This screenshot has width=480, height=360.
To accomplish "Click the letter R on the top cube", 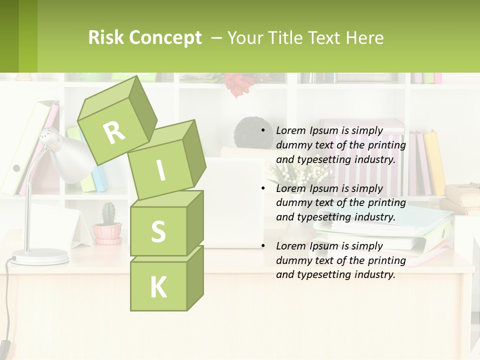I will [114, 132].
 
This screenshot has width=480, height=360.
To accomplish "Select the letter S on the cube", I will [158, 231].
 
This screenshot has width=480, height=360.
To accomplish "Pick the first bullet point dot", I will [263, 131].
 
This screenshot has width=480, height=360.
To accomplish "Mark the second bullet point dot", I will [263, 188].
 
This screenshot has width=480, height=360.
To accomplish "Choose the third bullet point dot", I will [263, 246].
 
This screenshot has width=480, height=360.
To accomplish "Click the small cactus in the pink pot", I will [108, 214].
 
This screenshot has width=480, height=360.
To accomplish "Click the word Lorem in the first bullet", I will [290, 131].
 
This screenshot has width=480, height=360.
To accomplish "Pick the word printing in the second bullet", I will [386, 203].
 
